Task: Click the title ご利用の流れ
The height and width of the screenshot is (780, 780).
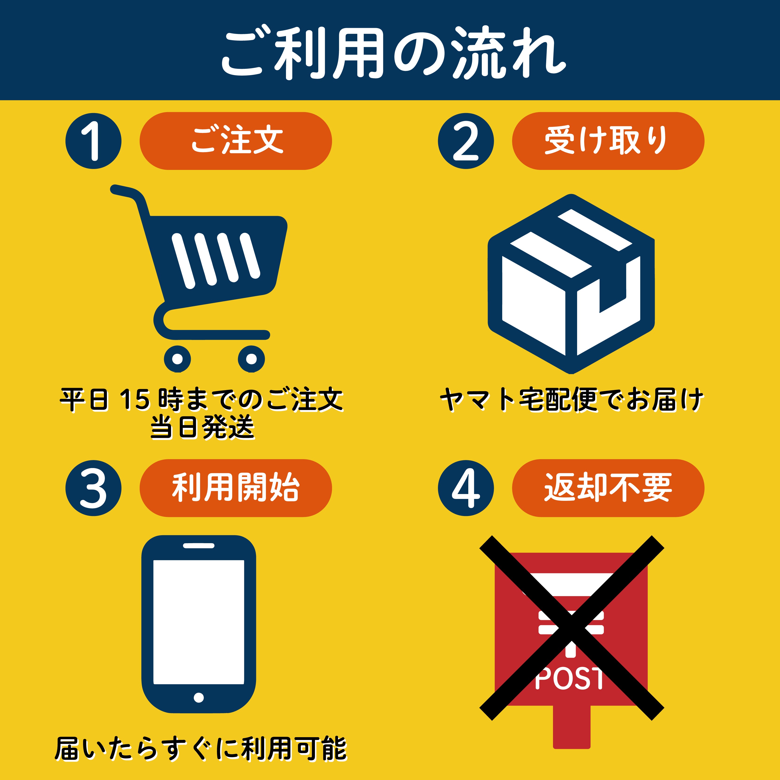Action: pos(394,52)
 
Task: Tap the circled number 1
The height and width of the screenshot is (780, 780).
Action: pos(94,141)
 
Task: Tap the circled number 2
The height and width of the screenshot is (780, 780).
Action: pos(466,141)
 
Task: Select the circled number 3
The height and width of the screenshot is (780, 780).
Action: pos(94,488)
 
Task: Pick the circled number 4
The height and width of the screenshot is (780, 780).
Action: pos(466,488)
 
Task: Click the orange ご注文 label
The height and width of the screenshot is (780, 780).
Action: pos(236,141)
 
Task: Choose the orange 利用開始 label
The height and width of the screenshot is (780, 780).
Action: pos(236,488)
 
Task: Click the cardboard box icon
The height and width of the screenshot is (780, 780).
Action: pos(571,284)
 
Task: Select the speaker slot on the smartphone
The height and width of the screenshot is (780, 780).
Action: pos(199,546)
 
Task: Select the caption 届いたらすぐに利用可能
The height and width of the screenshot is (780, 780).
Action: pos(201,748)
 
